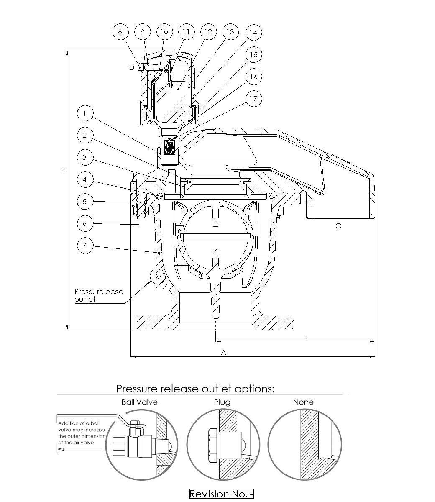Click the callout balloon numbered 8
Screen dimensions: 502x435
point(120,32)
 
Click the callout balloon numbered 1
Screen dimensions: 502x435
point(85,113)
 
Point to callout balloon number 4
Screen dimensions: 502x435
point(85,179)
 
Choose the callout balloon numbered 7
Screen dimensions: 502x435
point(85,246)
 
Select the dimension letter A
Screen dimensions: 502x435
point(223,353)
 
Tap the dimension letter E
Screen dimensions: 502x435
point(307,337)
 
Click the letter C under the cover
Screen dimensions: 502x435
point(338,226)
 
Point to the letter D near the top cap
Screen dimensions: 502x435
point(131,67)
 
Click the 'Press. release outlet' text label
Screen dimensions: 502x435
point(99,295)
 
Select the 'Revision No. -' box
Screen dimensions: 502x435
point(222,494)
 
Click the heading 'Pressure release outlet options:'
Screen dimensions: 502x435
point(195,389)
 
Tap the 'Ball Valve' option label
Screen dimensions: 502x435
point(139,402)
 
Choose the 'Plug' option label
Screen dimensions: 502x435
point(222,402)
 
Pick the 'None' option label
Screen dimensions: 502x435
point(303,402)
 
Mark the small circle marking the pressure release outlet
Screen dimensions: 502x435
point(157,276)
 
